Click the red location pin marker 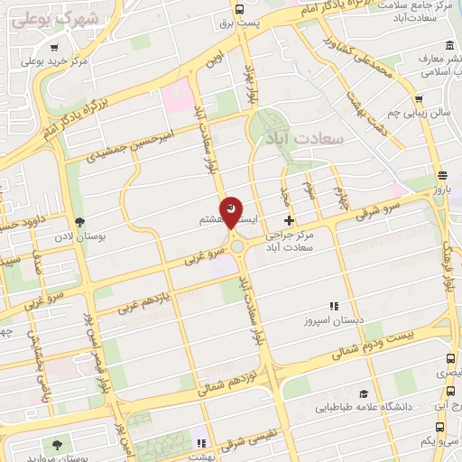[231, 211]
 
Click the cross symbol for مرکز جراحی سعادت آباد [289, 220]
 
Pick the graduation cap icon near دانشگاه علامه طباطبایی [363, 393]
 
